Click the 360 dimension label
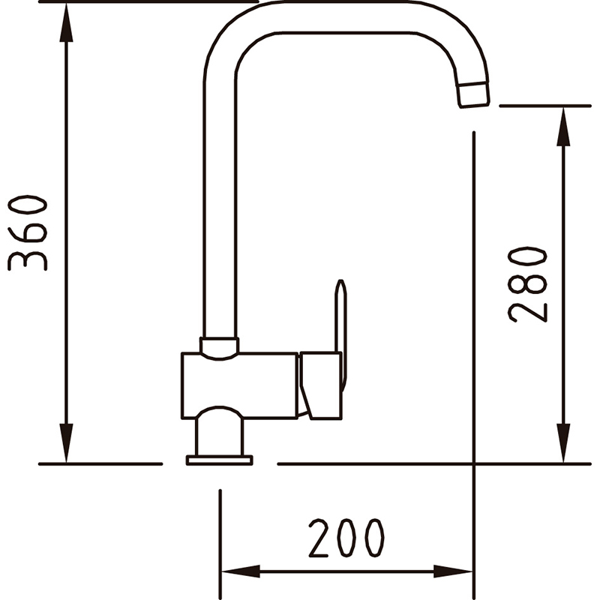click(x=28, y=233)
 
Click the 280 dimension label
click(x=527, y=285)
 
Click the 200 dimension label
click(x=346, y=538)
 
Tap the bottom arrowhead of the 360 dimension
click(x=66, y=443)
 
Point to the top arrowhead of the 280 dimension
click(x=563, y=127)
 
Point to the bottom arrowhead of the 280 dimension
click(x=563, y=443)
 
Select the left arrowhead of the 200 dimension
click(x=241, y=571)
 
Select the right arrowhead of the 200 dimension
click(x=453, y=571)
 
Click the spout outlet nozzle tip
click(x=474, y=94)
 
